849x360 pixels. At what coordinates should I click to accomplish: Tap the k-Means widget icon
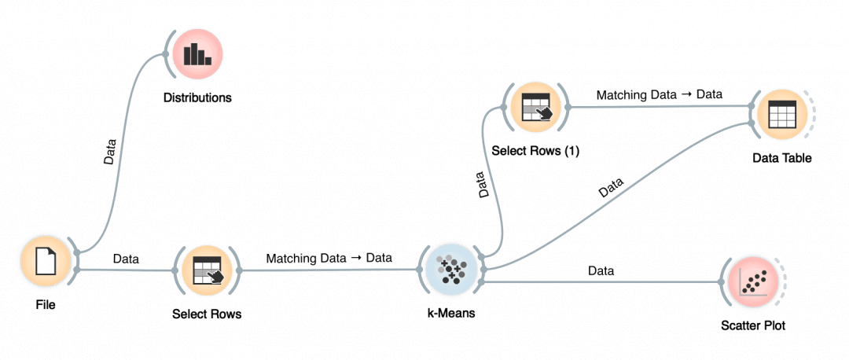(x=448, y=270)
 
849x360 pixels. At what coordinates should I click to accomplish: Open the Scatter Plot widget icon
(x=752, y=284)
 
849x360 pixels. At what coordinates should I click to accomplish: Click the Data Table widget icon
(x=781, y=116)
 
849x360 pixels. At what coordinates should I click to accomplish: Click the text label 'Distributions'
(x=197, y=98)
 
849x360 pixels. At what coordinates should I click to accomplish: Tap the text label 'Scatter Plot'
(x=753, y=325)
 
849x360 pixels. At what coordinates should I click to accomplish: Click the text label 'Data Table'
(x=781, y=158)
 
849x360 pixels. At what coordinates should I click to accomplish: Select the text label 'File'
(x=46, y=305)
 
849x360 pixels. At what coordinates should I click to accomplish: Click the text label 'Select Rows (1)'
(x=535, y=151)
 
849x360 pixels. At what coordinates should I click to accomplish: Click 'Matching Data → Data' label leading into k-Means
(x=329, y=258)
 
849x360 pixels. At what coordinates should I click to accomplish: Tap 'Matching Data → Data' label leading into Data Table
(x=659, y=94)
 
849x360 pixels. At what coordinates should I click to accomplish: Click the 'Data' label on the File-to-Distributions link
(x=111, y=152)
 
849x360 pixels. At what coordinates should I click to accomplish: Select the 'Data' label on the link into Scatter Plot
(x=601, y=271)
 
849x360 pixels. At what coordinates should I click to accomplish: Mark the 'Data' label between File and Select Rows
(x=127, y=258)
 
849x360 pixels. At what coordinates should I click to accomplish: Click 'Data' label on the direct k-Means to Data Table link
(x=611, y=188)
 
